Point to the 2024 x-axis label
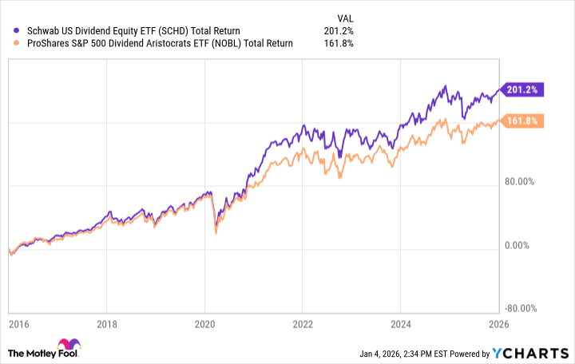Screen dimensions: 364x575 pos(400,325)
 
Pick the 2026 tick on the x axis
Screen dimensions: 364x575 pos(498,325)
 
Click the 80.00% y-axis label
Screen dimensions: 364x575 pos(522,182)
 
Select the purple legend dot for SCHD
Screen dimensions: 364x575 pos(8,30)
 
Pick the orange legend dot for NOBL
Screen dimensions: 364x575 pos(8,43)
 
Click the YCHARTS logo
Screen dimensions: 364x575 pos(533,352)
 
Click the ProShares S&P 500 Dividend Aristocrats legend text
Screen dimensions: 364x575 pos(153,43)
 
